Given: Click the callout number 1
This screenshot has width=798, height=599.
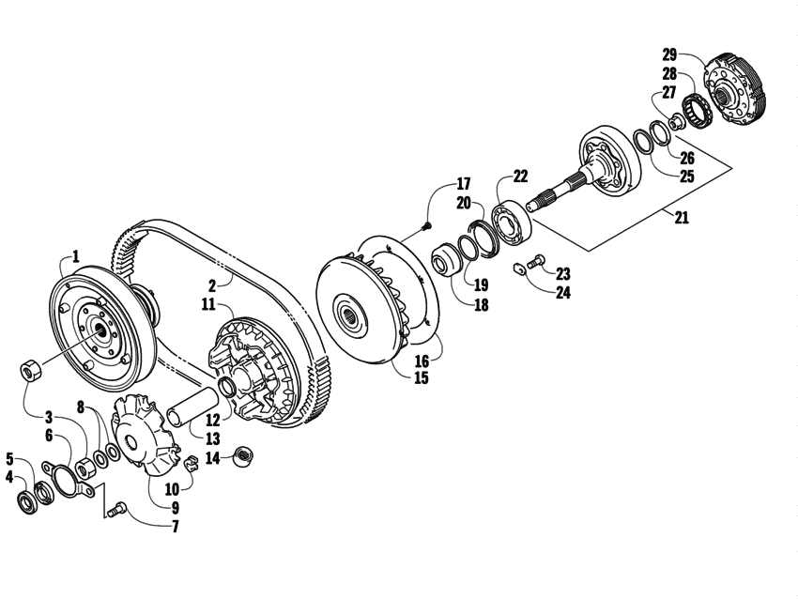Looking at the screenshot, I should coord(75,255).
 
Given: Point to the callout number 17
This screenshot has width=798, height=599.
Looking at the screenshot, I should coord(464,183).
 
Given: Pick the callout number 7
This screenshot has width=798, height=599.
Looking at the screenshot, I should coord(174,528).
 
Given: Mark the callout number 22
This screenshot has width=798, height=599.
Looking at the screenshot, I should coord(519,176).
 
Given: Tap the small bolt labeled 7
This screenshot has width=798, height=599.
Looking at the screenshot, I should coord(117,510).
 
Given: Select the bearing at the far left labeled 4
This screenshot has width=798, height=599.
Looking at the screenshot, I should coord(26,498).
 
